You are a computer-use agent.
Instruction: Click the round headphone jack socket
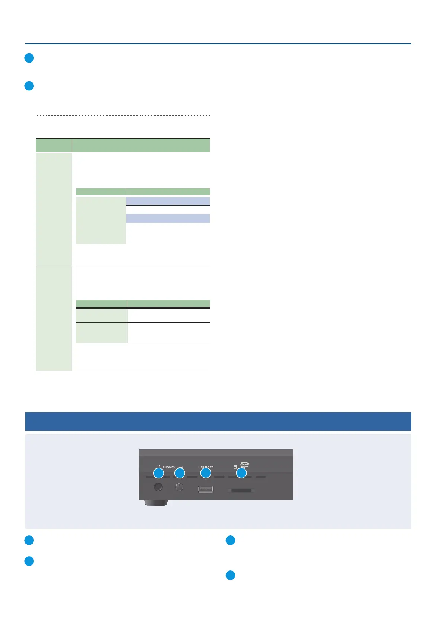point(158,487)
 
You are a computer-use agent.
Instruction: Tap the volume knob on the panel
point(179,487)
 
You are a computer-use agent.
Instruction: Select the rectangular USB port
point(206,489)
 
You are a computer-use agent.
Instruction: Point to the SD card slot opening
point(241,491)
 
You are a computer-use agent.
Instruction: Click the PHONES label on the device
point(168,467)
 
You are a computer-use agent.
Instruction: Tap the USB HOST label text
point(206,467)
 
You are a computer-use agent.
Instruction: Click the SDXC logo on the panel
point(244,465)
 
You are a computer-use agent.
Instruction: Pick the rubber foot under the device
point(156,503)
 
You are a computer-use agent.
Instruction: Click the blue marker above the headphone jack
point(159,473)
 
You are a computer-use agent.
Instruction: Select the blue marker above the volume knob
point(180,473)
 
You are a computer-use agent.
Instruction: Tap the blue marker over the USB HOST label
point(206,473)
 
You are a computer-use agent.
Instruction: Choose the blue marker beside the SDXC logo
point(241,473)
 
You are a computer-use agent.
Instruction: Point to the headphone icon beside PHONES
point(158,467)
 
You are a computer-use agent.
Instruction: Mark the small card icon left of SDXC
point(235,467)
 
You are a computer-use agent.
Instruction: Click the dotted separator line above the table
point(123,116)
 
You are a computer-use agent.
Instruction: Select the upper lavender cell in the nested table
point(168,201)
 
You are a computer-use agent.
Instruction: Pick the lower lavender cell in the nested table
point(168,219)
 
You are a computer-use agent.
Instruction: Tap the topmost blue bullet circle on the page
point(29,58)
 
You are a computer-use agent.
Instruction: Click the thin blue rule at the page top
point(218,44)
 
